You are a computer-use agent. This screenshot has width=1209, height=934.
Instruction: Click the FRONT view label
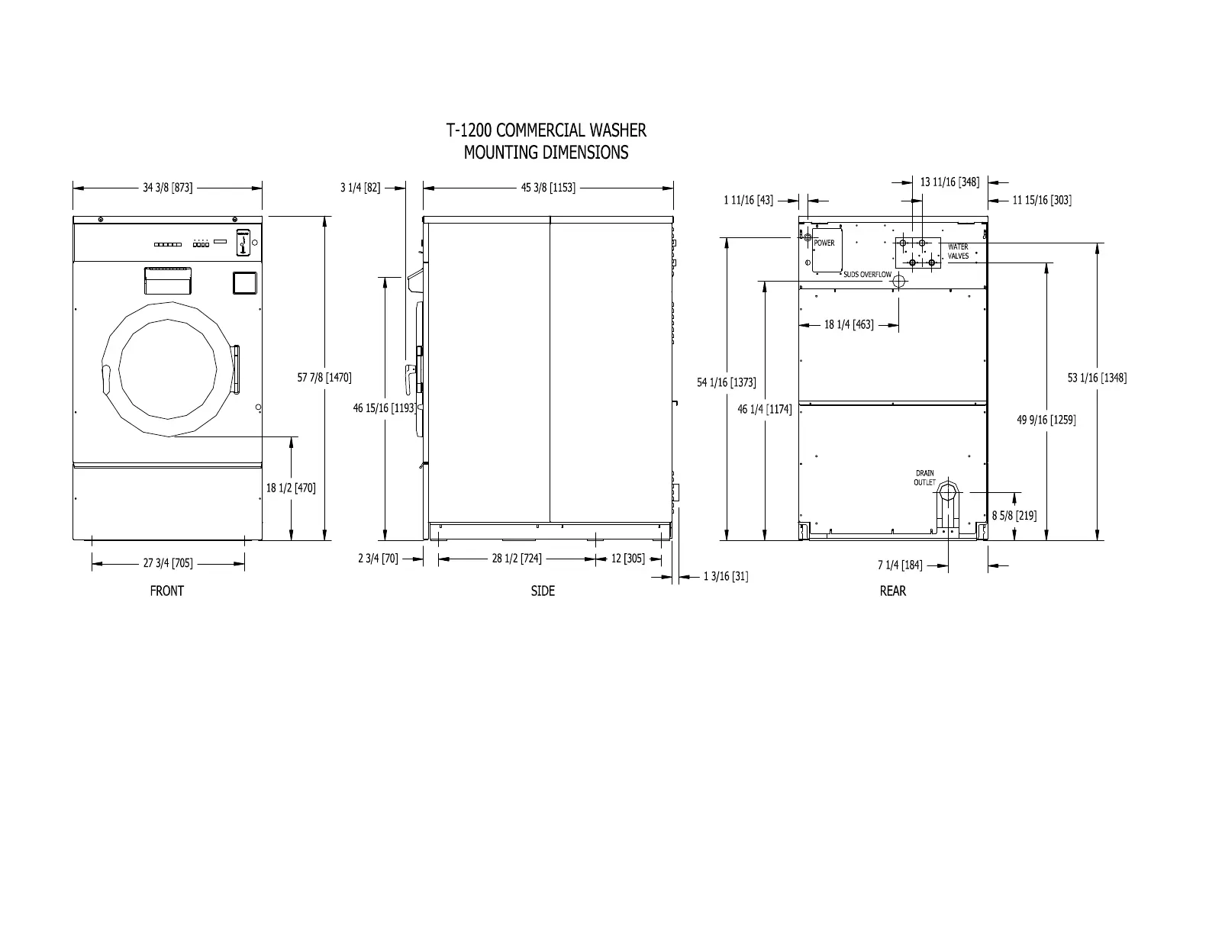tap(167, 591)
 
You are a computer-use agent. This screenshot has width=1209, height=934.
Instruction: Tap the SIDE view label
tap(543, 591)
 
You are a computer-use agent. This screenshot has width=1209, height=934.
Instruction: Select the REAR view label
tap(892, 591)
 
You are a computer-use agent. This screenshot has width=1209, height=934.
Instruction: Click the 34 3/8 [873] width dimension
tap(167, 188)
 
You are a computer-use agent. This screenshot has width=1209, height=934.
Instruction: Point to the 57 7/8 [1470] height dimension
tap(324, 378)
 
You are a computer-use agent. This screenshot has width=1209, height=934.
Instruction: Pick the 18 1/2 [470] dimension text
tap(291, 488)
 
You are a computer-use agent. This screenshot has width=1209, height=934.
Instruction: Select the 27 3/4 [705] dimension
tap(167, 563)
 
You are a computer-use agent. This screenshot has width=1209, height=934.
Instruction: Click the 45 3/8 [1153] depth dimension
tap(548, 188)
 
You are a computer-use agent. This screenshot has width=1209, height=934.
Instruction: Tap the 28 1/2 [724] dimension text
tap(516, 558)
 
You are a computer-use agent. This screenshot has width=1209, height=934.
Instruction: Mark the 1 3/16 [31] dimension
tap(726, 576)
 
